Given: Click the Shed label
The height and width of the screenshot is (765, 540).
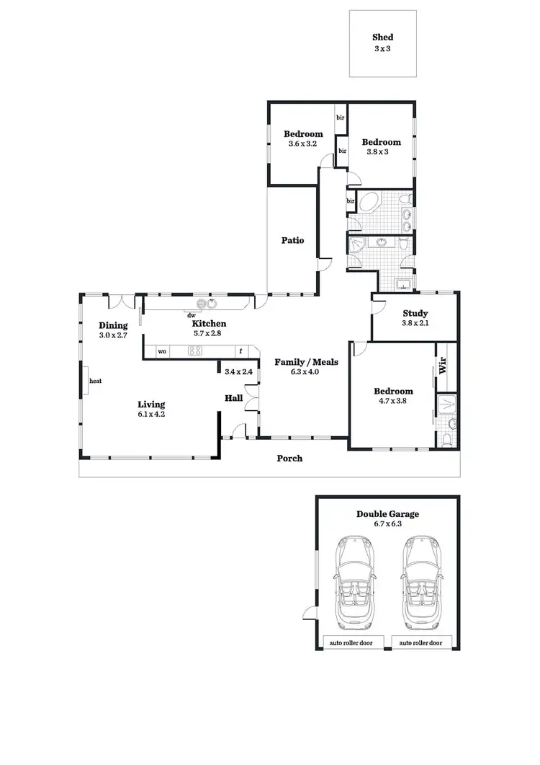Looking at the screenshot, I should click(x=382, y=37).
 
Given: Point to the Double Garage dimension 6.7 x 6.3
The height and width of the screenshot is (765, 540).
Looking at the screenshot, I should click(x=387, y=524).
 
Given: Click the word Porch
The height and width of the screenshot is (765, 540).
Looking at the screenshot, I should click(x=289, y=459).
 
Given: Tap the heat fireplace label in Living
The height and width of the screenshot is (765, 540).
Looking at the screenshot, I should click(x=95, y=381).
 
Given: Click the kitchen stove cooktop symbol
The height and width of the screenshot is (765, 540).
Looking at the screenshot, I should click(x=195, y=351).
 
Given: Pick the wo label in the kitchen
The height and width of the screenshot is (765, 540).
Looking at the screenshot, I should click(x=162, y=352).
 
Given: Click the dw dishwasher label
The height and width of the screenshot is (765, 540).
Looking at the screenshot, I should click(x=192, y=315).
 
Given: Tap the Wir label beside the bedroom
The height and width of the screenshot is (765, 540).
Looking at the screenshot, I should click(x=442, y=365).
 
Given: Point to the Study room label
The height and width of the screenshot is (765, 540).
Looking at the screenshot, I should click(x=415, y=314).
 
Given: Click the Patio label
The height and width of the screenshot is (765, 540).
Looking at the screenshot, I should click(x=292, y=240).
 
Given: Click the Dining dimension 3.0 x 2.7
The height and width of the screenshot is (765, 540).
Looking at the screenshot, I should click(x=113, y=335).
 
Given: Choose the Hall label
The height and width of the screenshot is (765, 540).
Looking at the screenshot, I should click(x=233, y=397).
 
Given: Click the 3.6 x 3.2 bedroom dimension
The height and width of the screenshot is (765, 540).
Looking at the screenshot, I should click(x=302, y=143).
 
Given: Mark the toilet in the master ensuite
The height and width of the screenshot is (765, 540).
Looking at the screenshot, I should click(x=446, y=438).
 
